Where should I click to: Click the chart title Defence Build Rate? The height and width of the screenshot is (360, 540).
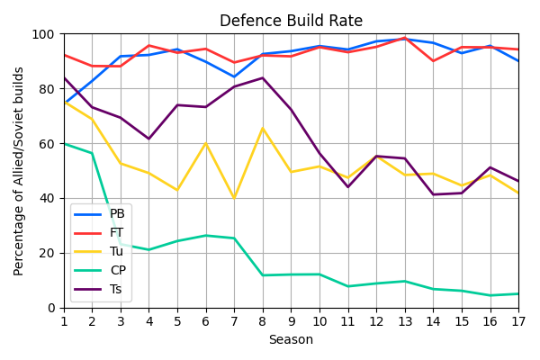coord(291,21)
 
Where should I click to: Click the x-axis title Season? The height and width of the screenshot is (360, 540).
coord(291,340)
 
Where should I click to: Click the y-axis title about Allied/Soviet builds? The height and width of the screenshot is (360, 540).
coord(19,171)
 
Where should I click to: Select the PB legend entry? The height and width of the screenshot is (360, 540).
coord(117,214)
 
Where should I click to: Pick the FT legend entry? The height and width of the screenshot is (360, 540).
coord(117,232)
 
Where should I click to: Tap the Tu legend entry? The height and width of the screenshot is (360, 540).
coord(117,251)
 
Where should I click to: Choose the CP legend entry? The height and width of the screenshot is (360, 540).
coord(117,270)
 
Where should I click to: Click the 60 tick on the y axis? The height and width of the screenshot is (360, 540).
coord(47,144)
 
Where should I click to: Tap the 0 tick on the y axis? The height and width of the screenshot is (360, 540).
coord(50,308)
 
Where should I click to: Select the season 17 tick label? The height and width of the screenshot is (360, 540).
coord(518,320)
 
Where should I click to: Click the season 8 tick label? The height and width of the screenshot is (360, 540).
coord(263,320)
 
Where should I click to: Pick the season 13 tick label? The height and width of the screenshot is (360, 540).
coord(405,320)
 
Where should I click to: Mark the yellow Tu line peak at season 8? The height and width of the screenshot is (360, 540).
coord(263,129)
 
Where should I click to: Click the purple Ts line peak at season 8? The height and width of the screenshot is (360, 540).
coord(263,77)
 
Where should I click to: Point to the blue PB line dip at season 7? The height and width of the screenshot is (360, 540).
coord(234,76)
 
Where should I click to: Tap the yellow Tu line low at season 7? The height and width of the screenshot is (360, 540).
coord(234,198)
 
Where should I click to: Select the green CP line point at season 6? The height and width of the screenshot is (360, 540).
coord(206,236)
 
